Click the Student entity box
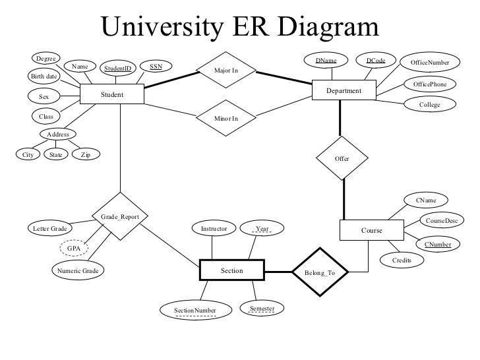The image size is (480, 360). tap(112, 94)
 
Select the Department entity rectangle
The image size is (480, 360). tap(344, 91)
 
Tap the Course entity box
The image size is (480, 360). tap(371, 231)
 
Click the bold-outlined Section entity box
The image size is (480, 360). tap(231, 270)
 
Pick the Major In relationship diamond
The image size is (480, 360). tap(226, 70)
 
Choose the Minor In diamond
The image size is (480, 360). tap(226, 118)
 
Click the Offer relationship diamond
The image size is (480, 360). tap(342, 159)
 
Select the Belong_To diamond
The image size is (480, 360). tap(319, 272)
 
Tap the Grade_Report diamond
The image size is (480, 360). tap(120, 216)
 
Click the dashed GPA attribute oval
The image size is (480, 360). tap(74, 248)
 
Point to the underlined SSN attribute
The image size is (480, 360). tap(156, 67)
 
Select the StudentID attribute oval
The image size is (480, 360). tap(117, 68)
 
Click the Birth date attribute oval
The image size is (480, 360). tap(45, 76)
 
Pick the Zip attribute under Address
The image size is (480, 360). tap(86, 155)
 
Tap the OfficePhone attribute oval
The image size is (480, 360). tap(429, 85)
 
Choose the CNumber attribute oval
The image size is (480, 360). tap(438, 245)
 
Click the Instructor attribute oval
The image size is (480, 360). tap(214, 229)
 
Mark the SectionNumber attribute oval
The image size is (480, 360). tap(195, 310)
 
